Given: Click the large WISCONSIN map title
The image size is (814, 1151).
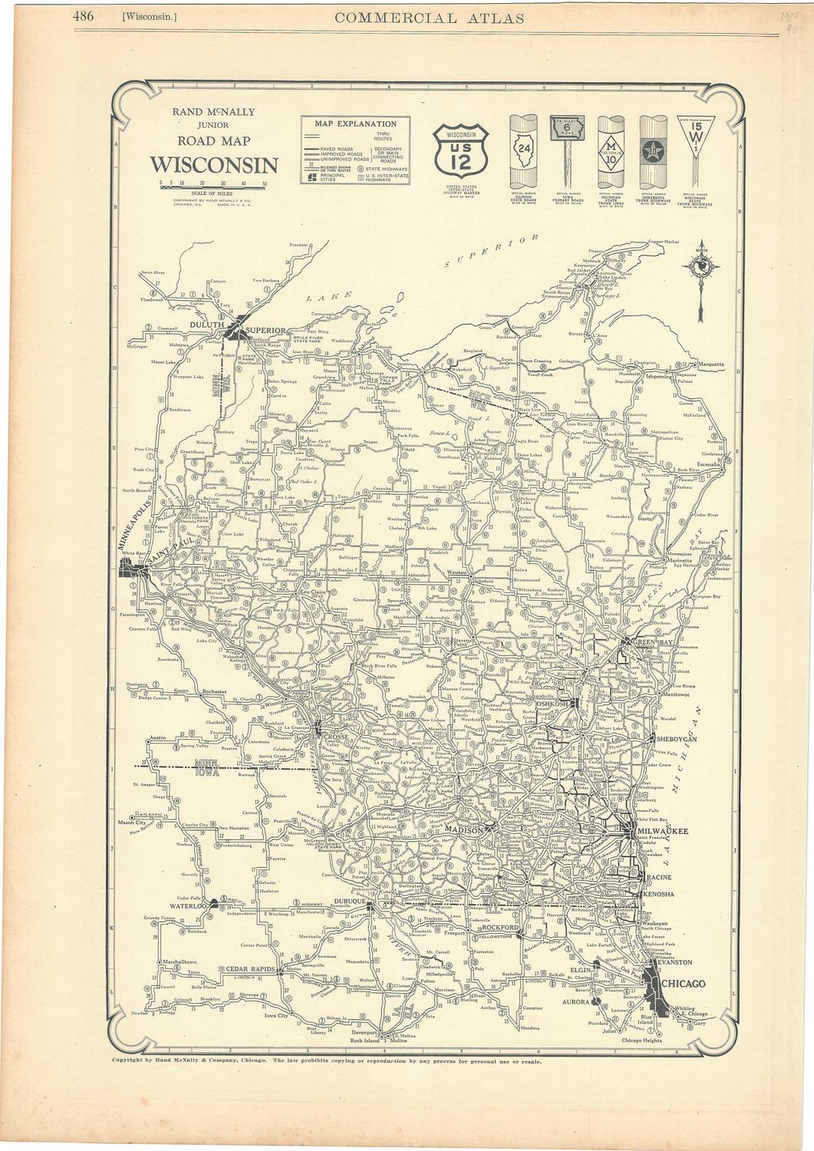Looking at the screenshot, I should point(213,165).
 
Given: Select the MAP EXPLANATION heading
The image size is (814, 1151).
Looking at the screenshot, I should point(355,124).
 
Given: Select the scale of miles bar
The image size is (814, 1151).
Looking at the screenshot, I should point(213,186).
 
